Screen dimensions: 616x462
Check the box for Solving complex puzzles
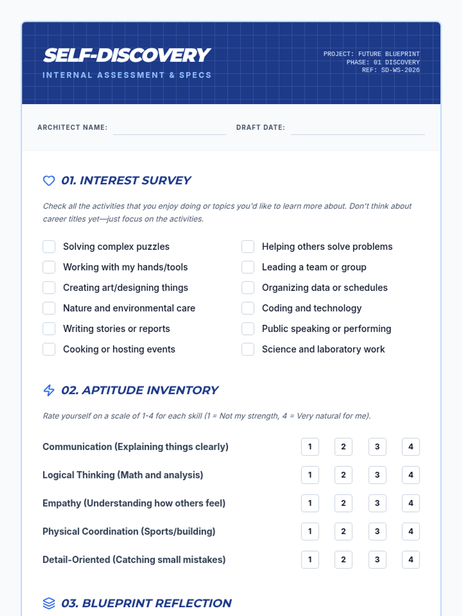[49, 246]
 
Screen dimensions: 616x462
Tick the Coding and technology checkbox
[248, 308]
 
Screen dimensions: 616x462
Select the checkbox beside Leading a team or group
[248, 267]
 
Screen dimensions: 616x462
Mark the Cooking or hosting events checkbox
[49, 349]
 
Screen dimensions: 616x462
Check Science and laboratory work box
[248, 349]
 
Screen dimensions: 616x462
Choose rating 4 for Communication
[410, 447]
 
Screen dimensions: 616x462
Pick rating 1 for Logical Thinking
[310, 475]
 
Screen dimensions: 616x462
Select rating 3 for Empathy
[377, 503]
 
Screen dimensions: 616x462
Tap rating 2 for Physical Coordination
[343, 531]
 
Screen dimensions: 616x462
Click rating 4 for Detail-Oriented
[410, 559]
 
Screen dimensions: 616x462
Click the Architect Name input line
[169, 129]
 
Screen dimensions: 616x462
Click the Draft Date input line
[358, 129]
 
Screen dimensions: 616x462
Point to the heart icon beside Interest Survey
[49, 181]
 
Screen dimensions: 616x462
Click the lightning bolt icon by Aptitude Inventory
[49, 390]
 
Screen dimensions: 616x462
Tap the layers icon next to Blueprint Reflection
[49, 603]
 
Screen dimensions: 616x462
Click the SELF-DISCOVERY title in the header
[127, 55]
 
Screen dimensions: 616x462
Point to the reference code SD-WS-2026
[400, 70]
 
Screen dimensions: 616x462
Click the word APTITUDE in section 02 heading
[113, 390]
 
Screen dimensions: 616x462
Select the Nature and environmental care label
[129, 308]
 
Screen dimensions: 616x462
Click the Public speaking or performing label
[326, 329]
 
